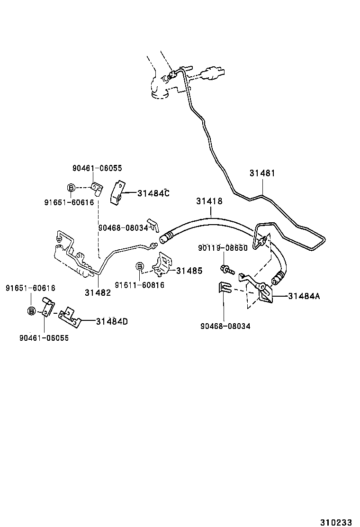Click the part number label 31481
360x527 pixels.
[262, 173]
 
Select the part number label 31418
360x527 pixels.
[209, 201]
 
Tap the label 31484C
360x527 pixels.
[153, 193]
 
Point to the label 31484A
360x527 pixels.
[304, 296]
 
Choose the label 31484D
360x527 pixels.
[111, 321]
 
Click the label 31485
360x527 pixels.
[189, 271]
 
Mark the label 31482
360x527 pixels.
[98, 292]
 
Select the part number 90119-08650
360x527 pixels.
[222, 248]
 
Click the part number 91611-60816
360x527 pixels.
[139, 285]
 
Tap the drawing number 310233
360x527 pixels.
[336, 522]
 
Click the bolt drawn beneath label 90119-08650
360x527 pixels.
[227, 271]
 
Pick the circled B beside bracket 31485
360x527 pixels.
[140, 266]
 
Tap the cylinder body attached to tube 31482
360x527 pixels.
[71, 259]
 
